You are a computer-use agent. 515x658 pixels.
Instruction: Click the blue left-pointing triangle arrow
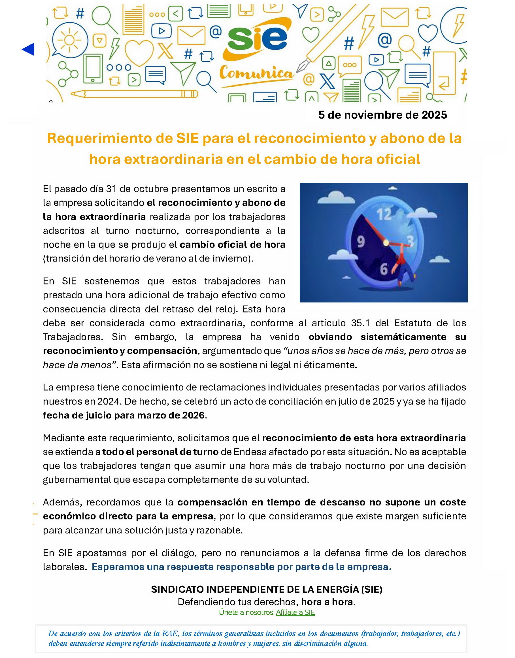(28, 49)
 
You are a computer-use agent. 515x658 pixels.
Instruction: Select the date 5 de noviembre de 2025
(382, 115)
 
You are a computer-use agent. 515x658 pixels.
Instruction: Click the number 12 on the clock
(384, 214)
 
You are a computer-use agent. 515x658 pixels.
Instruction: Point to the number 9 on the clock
(361, 241)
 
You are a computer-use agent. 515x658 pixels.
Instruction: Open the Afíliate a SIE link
(295, 612)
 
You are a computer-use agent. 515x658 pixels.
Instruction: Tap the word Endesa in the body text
(250, 452)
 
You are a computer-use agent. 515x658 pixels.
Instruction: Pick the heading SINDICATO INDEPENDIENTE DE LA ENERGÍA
(266, 589)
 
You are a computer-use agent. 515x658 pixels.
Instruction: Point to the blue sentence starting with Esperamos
(241, 567)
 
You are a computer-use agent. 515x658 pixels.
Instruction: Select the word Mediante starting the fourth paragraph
(64, 438)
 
